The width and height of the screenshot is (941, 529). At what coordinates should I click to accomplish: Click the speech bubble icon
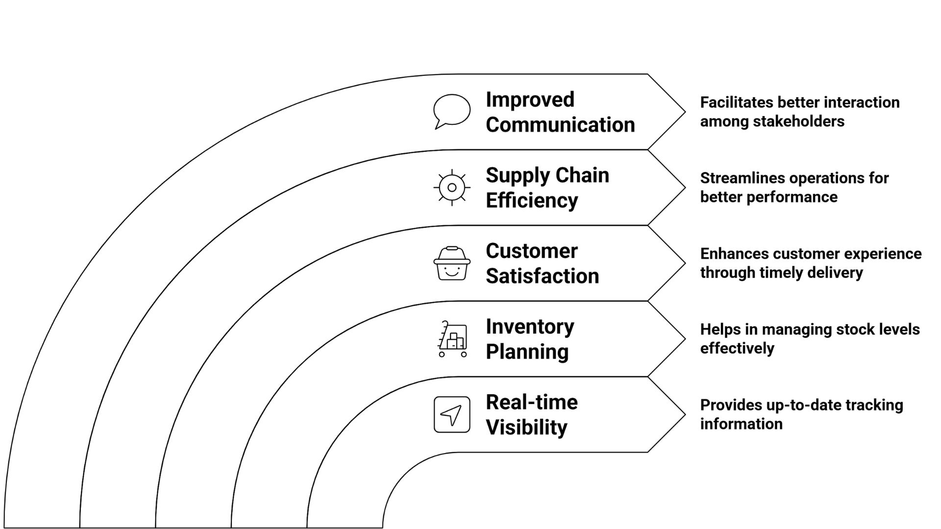tap(451, 111)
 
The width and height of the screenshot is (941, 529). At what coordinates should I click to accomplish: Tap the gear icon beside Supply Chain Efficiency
tap(451, 188)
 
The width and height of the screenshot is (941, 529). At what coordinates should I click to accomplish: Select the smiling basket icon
tap(451, 264)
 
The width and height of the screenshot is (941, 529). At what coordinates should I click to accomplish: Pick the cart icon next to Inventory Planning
tap(452, 339)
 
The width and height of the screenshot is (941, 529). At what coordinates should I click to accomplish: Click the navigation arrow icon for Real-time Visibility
tap(451, 415)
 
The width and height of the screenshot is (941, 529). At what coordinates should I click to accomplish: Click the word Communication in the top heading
tap(560, 125)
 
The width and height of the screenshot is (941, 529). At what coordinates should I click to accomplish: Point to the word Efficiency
tap(532, 200)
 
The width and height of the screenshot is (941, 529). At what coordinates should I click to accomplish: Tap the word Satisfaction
tap(542, 276)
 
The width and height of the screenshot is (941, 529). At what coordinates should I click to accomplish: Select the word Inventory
tap(530, 327)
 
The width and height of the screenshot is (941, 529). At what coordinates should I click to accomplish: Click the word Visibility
tap(526, 427)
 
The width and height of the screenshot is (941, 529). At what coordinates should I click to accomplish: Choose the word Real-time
tap(532, 403)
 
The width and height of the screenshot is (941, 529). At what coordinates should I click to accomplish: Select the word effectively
tap(737, 349)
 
